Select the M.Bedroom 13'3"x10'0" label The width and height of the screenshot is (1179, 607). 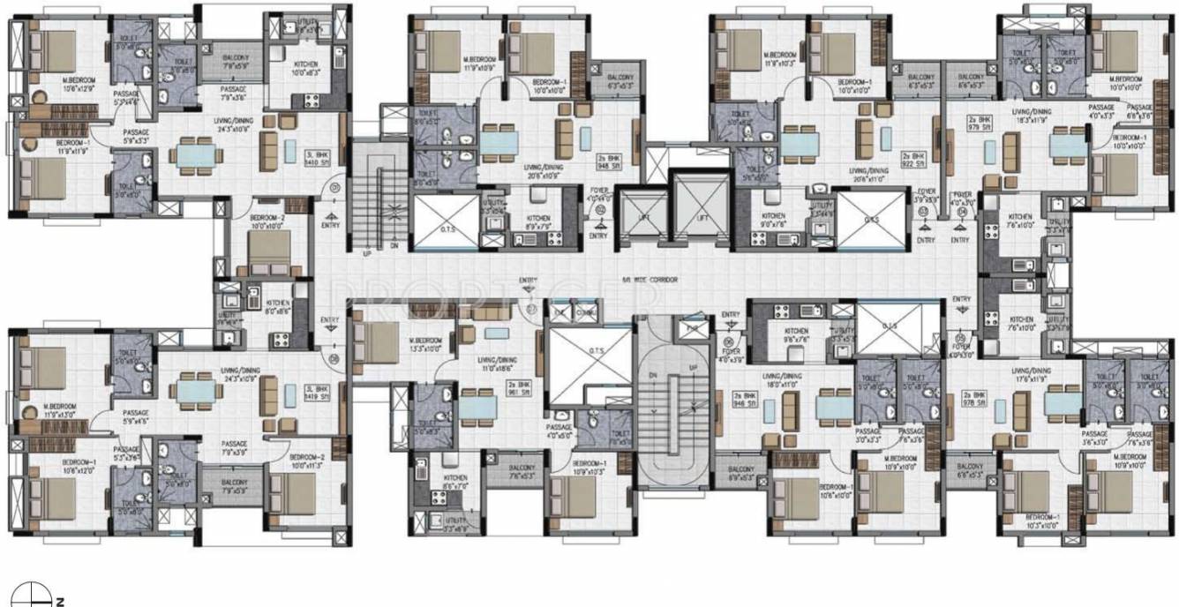[425, 344]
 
